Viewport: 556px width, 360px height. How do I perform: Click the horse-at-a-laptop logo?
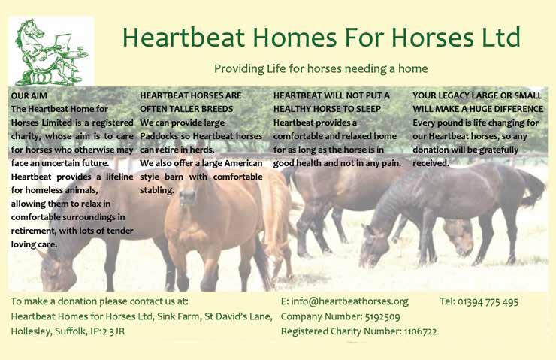[x=50, y=51]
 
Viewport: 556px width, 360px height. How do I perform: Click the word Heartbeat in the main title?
[x=183, y=38]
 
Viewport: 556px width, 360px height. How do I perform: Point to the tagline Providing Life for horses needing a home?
[x=321, y=68]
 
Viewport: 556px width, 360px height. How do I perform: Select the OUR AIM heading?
[x=29, y=95]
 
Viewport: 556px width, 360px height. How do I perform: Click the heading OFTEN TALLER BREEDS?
[x=186, y=109]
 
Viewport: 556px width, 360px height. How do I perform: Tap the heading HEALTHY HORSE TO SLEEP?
[x=327, y=109]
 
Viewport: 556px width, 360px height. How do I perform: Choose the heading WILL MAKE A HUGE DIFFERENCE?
[x=478, y=109]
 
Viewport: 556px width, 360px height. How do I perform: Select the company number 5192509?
[x=382, y=316]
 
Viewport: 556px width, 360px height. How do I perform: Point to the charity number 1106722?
[x=420, y=331]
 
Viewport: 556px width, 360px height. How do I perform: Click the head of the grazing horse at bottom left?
[x=57, y=271]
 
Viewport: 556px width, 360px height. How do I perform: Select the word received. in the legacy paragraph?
[x=431, y=163]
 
